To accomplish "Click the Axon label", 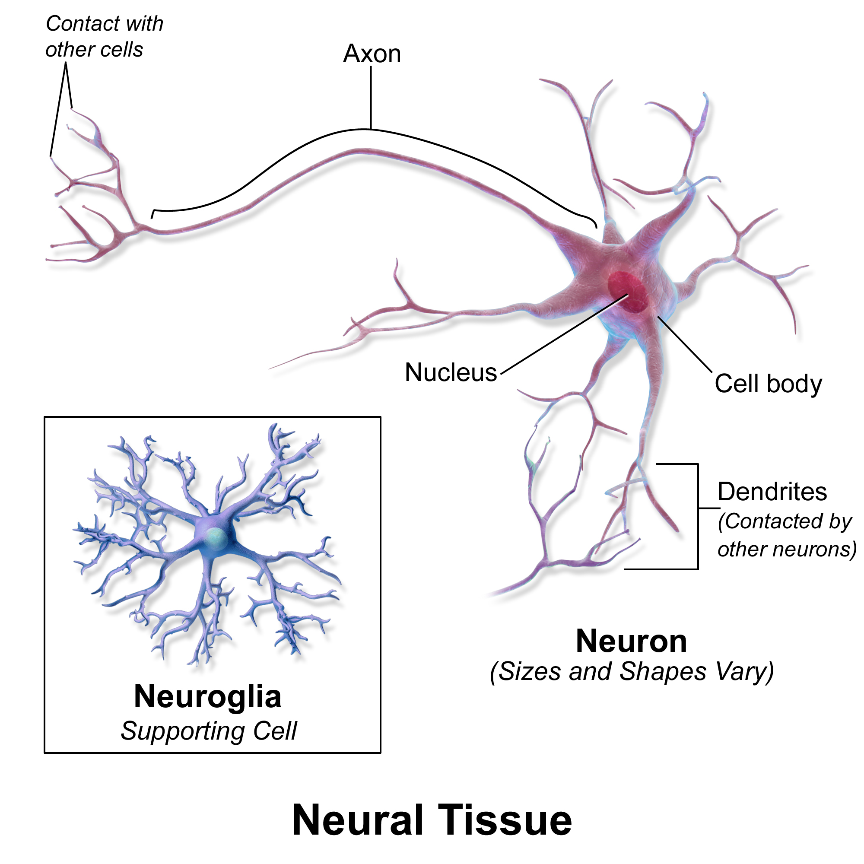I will [x=372, y=54].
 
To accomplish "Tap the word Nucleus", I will [x=450, y=372].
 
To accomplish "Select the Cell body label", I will [x=768, y=384].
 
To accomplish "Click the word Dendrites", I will [x=772, y=492].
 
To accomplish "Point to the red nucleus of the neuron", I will [x=628, y=292].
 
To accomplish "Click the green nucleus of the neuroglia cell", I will [x=215, y=537].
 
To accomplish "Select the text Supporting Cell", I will [x=208, y=731].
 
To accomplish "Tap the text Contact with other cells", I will [x=104, y=37].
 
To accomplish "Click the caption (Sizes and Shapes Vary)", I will [x=632, y=672].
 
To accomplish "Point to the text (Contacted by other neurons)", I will [x=786, y=535].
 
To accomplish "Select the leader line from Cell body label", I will [x=684, y=344].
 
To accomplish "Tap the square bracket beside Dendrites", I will [x=697, y=517].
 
